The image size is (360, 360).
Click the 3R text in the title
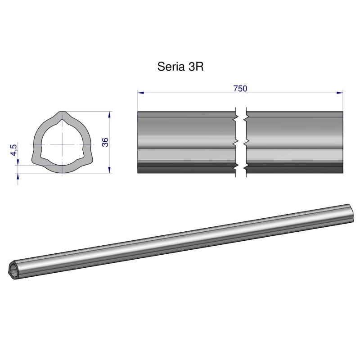[x=196, y=67]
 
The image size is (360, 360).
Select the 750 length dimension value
[x=240, y=89]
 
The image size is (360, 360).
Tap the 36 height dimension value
[x=105, y=142]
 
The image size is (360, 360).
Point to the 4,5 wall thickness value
[x=14, y=149]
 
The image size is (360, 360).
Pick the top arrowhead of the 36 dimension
[x=110, y=115]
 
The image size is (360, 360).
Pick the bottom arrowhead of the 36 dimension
[x=110, y=169]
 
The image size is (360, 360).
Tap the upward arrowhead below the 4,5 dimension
[x=18, y=177]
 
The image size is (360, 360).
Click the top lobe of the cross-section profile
[x=61, y=117]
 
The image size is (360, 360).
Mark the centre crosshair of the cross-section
[x=61, y=144]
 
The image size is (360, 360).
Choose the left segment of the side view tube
[x=186, y=142]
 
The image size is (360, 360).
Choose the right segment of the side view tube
[x=294, y=142]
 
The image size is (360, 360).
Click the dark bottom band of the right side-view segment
[x=294, y=169]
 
